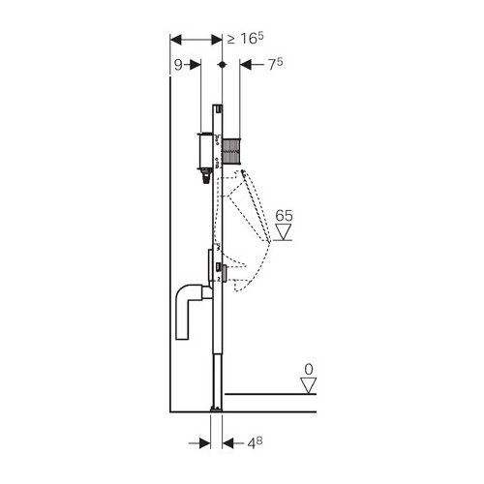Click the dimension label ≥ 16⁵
click(x=246, y=39)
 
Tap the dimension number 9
click(x=178, y=65)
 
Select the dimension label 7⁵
click(x=275, y=65)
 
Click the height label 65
click(x=284, y=216)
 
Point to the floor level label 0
click(x=309, y=369)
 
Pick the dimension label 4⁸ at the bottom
click(x=255, y=443)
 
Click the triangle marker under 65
click(x=284, y=232)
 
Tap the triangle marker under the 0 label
click(x=309, y=385)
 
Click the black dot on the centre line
click(x=222, y=65)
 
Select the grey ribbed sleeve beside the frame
click(x=231, y=150)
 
